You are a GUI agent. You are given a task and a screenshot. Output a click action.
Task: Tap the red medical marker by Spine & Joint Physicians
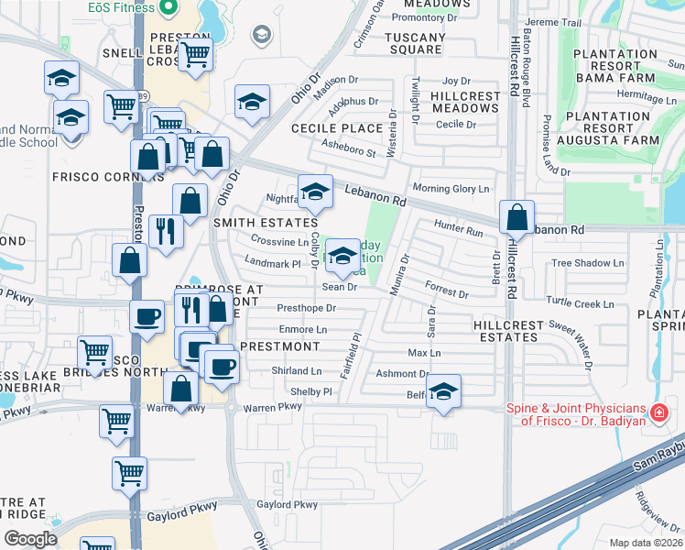[657, 414]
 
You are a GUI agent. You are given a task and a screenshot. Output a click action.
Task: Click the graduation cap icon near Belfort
[443, 391]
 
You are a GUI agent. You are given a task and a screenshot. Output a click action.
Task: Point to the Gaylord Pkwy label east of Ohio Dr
[287, 505]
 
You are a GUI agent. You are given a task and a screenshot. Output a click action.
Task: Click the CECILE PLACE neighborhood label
[336, 129]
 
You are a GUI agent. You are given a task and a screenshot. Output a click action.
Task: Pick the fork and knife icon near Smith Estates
[165, 231]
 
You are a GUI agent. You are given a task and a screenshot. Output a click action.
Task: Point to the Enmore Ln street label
[302, 329]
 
